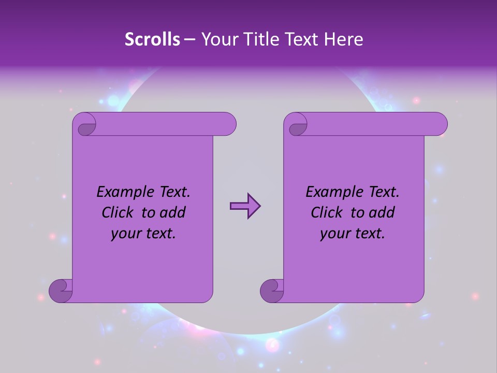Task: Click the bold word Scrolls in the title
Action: coord(153,39)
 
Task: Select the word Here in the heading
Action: coord(343,39)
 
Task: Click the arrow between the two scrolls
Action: coord(245,206)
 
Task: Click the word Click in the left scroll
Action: coord(119,212)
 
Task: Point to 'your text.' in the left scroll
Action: coord(143,234)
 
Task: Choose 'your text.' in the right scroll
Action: coord(353,234)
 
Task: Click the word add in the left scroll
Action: coord(173,212)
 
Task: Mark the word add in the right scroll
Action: coord(382,212)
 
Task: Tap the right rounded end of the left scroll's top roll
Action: coord(228,124)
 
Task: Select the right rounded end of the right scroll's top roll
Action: coord(439,124)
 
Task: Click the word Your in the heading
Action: coord(218,39)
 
